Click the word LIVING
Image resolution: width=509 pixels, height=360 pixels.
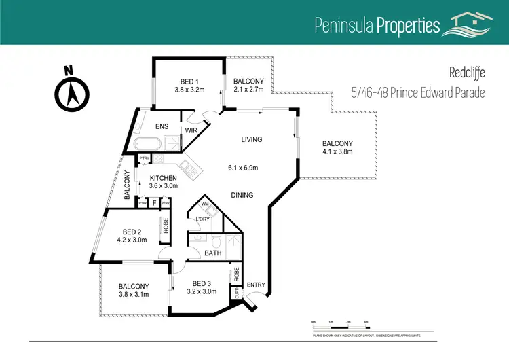[251, 139]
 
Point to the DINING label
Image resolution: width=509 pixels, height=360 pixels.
[242, 195]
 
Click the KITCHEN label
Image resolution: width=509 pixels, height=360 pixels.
[163, 178]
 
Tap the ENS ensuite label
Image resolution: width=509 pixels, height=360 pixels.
[162, 126]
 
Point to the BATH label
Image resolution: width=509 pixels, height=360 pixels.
[212, 253]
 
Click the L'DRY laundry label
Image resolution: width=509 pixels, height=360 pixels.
[202, 219]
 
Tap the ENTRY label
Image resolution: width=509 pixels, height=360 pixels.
[257, 285]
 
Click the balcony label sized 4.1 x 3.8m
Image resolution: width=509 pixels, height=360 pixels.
[337, 143]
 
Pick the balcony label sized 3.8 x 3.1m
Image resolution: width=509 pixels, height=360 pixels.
[133, 286]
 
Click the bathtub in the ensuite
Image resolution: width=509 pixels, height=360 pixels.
[147, 143]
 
